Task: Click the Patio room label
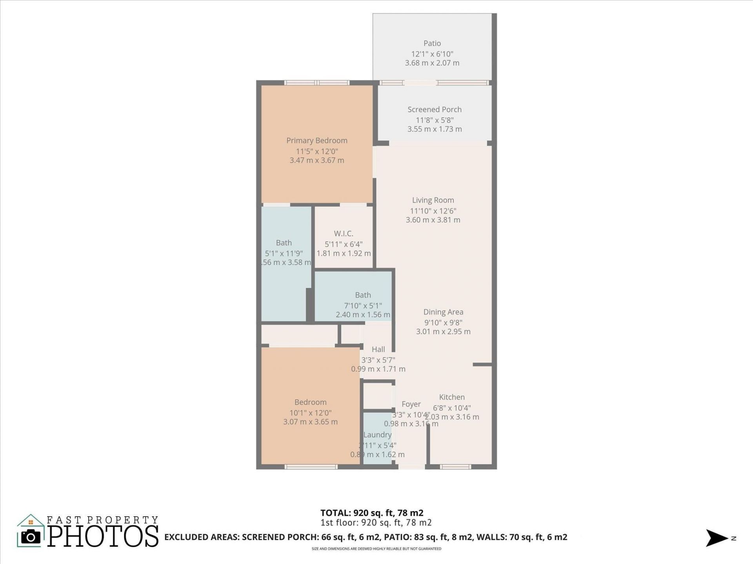click(432, 43)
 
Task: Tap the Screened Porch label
click(434, 110)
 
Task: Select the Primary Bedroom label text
click(316, 141)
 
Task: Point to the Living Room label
click(433, 200)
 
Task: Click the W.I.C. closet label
click(344, 233)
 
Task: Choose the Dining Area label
click(443, 312)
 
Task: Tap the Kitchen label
click(452, 397)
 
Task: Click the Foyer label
click(411, 404)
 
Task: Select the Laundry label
click(377, 435)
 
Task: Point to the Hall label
click(378, 349)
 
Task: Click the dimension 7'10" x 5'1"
click(363, 305)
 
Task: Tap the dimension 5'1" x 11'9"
click(284, 253)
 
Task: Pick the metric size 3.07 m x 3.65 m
click(310, 422)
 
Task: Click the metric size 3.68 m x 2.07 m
click(432, 63)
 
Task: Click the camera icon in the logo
click(31, 537)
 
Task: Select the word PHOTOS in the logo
click(103, 536)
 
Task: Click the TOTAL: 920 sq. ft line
click(371, 513)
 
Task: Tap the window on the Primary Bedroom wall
click(316, 83)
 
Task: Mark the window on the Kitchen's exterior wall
click(455, 466)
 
